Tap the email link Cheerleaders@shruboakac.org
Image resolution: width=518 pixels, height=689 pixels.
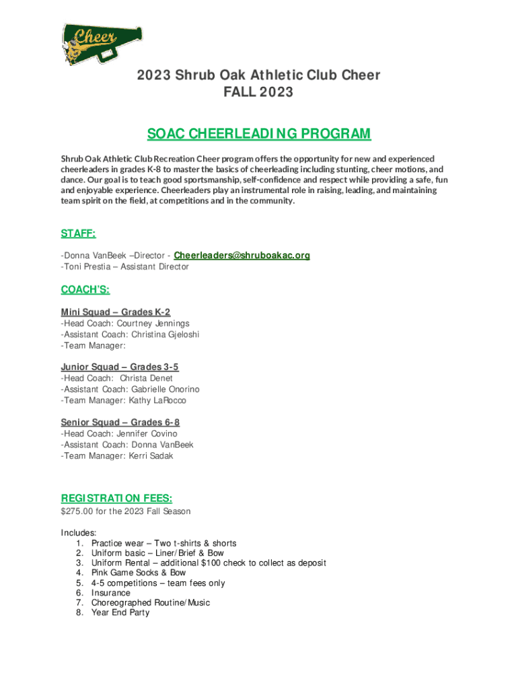(x=242, y=256)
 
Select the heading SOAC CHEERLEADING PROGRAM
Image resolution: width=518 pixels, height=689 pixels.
(x=259, y=133)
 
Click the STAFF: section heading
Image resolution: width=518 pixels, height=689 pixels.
(x=78, y=233)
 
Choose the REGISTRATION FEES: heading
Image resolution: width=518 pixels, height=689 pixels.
(x=116, y=498)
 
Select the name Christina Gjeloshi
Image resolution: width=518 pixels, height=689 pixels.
(x=165, y=334)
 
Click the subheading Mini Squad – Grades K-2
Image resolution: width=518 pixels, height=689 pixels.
(x=116, y=312)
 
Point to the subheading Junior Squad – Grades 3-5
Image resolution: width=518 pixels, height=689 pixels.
(x=120, y=367)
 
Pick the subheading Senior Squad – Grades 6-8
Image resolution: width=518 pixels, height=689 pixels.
(x=120, y=423)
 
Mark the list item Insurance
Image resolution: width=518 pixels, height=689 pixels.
(x=111, y=593)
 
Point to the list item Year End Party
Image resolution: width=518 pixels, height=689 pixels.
(x=120, y=613)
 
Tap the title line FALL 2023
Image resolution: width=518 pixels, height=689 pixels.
(x=259, y=92)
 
